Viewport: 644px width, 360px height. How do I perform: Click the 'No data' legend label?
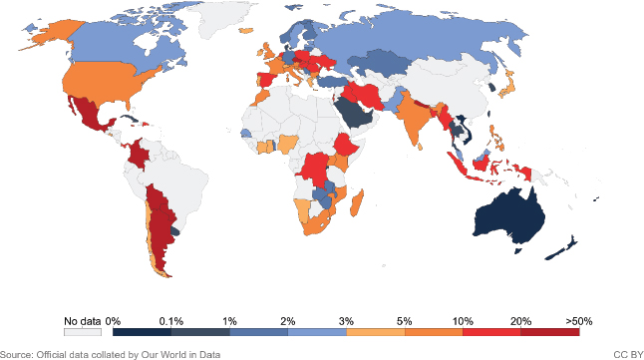pyautogui.click(x=83, y=321)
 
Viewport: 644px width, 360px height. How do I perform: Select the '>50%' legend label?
pyautogui.click(x=579, y=321)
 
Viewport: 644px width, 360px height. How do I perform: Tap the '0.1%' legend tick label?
pyautogui.click(x=171, y=321)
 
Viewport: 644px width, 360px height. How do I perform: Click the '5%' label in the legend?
pyautogui.click(x=405, y=321)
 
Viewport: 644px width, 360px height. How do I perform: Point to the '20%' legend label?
pyautogui.click(x=520, y=321)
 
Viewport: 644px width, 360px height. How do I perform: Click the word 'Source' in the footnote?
pyautogui.click(x=16, y=353)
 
